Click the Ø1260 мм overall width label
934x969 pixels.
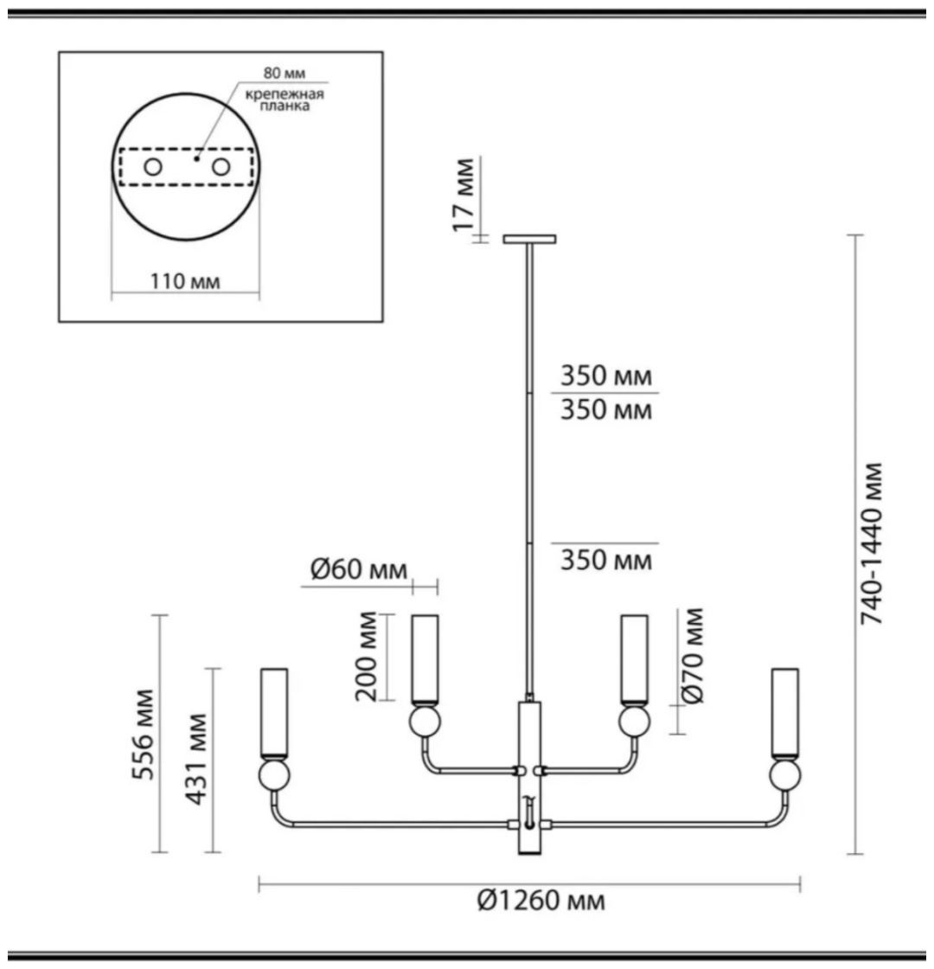(541, 901)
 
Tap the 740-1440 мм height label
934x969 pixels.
(872, 543)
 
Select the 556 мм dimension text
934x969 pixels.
(144, 735)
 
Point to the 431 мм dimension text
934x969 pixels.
(196, 760)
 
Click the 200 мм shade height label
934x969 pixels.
(367, 657)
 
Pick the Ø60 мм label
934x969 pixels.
(359, 569)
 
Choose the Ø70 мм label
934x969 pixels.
(693, 656)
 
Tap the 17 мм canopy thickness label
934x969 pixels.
(464, 196)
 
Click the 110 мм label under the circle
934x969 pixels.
(185, 281)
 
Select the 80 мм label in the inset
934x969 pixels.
(285, 73)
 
